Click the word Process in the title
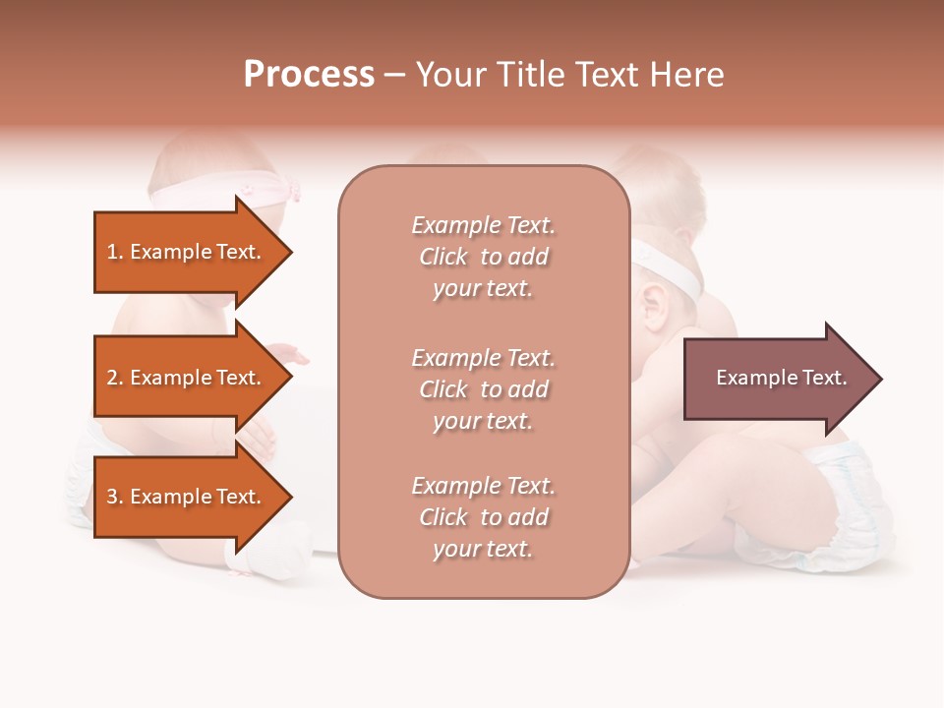point(309,75)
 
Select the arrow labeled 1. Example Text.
point(187,252)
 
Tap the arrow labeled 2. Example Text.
point(187,378)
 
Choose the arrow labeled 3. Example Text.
point(187,497)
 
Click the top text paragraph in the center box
point(483,257)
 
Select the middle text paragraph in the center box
point(483,389)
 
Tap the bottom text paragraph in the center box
point(483,517)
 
